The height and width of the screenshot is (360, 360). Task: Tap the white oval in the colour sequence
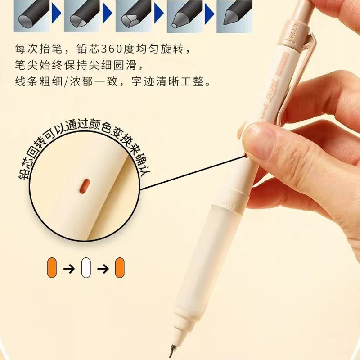85,269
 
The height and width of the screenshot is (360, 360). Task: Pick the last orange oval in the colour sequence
120,269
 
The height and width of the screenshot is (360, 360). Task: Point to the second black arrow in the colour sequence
103,269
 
